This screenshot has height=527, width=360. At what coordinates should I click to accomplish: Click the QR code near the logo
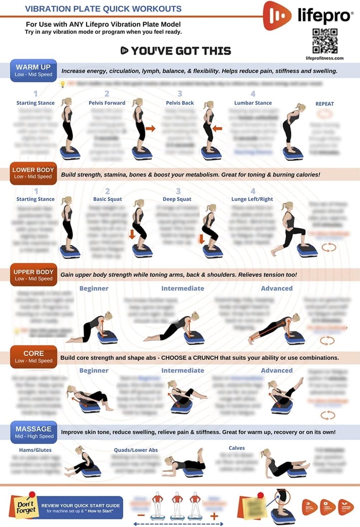325,41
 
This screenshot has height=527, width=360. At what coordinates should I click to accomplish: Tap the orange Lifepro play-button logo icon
277,15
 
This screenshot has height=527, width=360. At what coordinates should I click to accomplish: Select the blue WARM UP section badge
33,70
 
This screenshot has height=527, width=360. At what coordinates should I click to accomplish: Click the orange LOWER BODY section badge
33,173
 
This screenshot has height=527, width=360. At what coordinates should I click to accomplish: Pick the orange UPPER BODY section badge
33,275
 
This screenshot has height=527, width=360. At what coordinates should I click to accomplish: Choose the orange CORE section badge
33,357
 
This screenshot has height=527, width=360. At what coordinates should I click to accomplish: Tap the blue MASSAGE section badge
34,432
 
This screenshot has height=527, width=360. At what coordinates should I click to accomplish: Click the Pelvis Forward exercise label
107,103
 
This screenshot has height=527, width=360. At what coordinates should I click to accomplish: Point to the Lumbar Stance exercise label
253,103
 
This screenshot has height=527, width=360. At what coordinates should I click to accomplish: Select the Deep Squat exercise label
177,199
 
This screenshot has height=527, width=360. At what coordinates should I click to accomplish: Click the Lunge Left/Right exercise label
252,199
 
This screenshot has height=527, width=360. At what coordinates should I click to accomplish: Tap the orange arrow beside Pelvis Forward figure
151,128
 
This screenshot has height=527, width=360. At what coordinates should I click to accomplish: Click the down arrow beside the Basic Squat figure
132,234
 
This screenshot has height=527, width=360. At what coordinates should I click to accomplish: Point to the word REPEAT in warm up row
325,104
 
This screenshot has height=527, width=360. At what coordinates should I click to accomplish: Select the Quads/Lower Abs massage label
136,450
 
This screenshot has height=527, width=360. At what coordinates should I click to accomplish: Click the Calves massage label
237,448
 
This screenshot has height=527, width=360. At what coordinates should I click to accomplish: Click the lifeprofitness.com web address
325,58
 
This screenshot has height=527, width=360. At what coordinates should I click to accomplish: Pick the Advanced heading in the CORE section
276,370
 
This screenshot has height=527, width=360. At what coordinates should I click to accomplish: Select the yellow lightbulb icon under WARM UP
62,84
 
